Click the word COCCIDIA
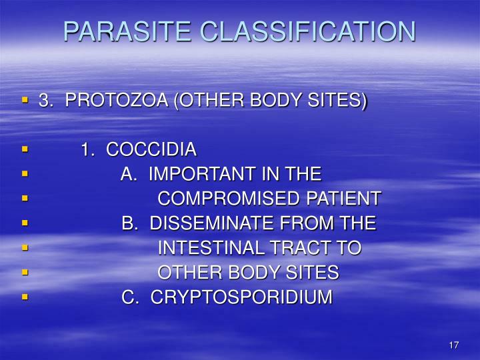[151, 149]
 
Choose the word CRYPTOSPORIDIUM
[241, 297]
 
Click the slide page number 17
[454, 345]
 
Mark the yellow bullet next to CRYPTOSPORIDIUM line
[25, 297]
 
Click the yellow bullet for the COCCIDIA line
[25, 149]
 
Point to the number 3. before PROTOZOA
[45, 101]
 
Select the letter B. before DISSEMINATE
[129, 223]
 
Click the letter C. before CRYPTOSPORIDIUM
[129, 297]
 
